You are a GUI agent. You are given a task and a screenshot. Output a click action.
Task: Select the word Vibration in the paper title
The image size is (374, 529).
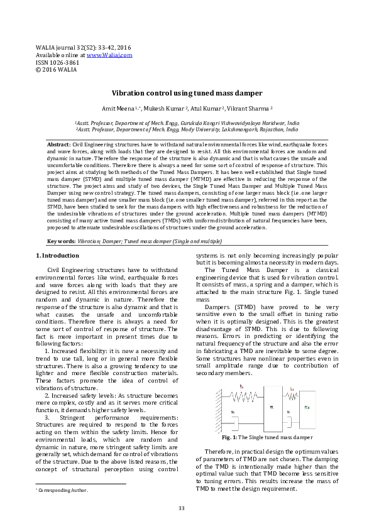[x=130, y=92]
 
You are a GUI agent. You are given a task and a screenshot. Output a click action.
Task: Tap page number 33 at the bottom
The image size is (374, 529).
[x=182, y=508]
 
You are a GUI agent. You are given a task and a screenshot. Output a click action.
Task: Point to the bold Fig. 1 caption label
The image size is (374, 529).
[x=229, y=437]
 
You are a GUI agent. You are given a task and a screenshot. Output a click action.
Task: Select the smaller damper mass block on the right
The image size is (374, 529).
[x=307, y=407]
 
